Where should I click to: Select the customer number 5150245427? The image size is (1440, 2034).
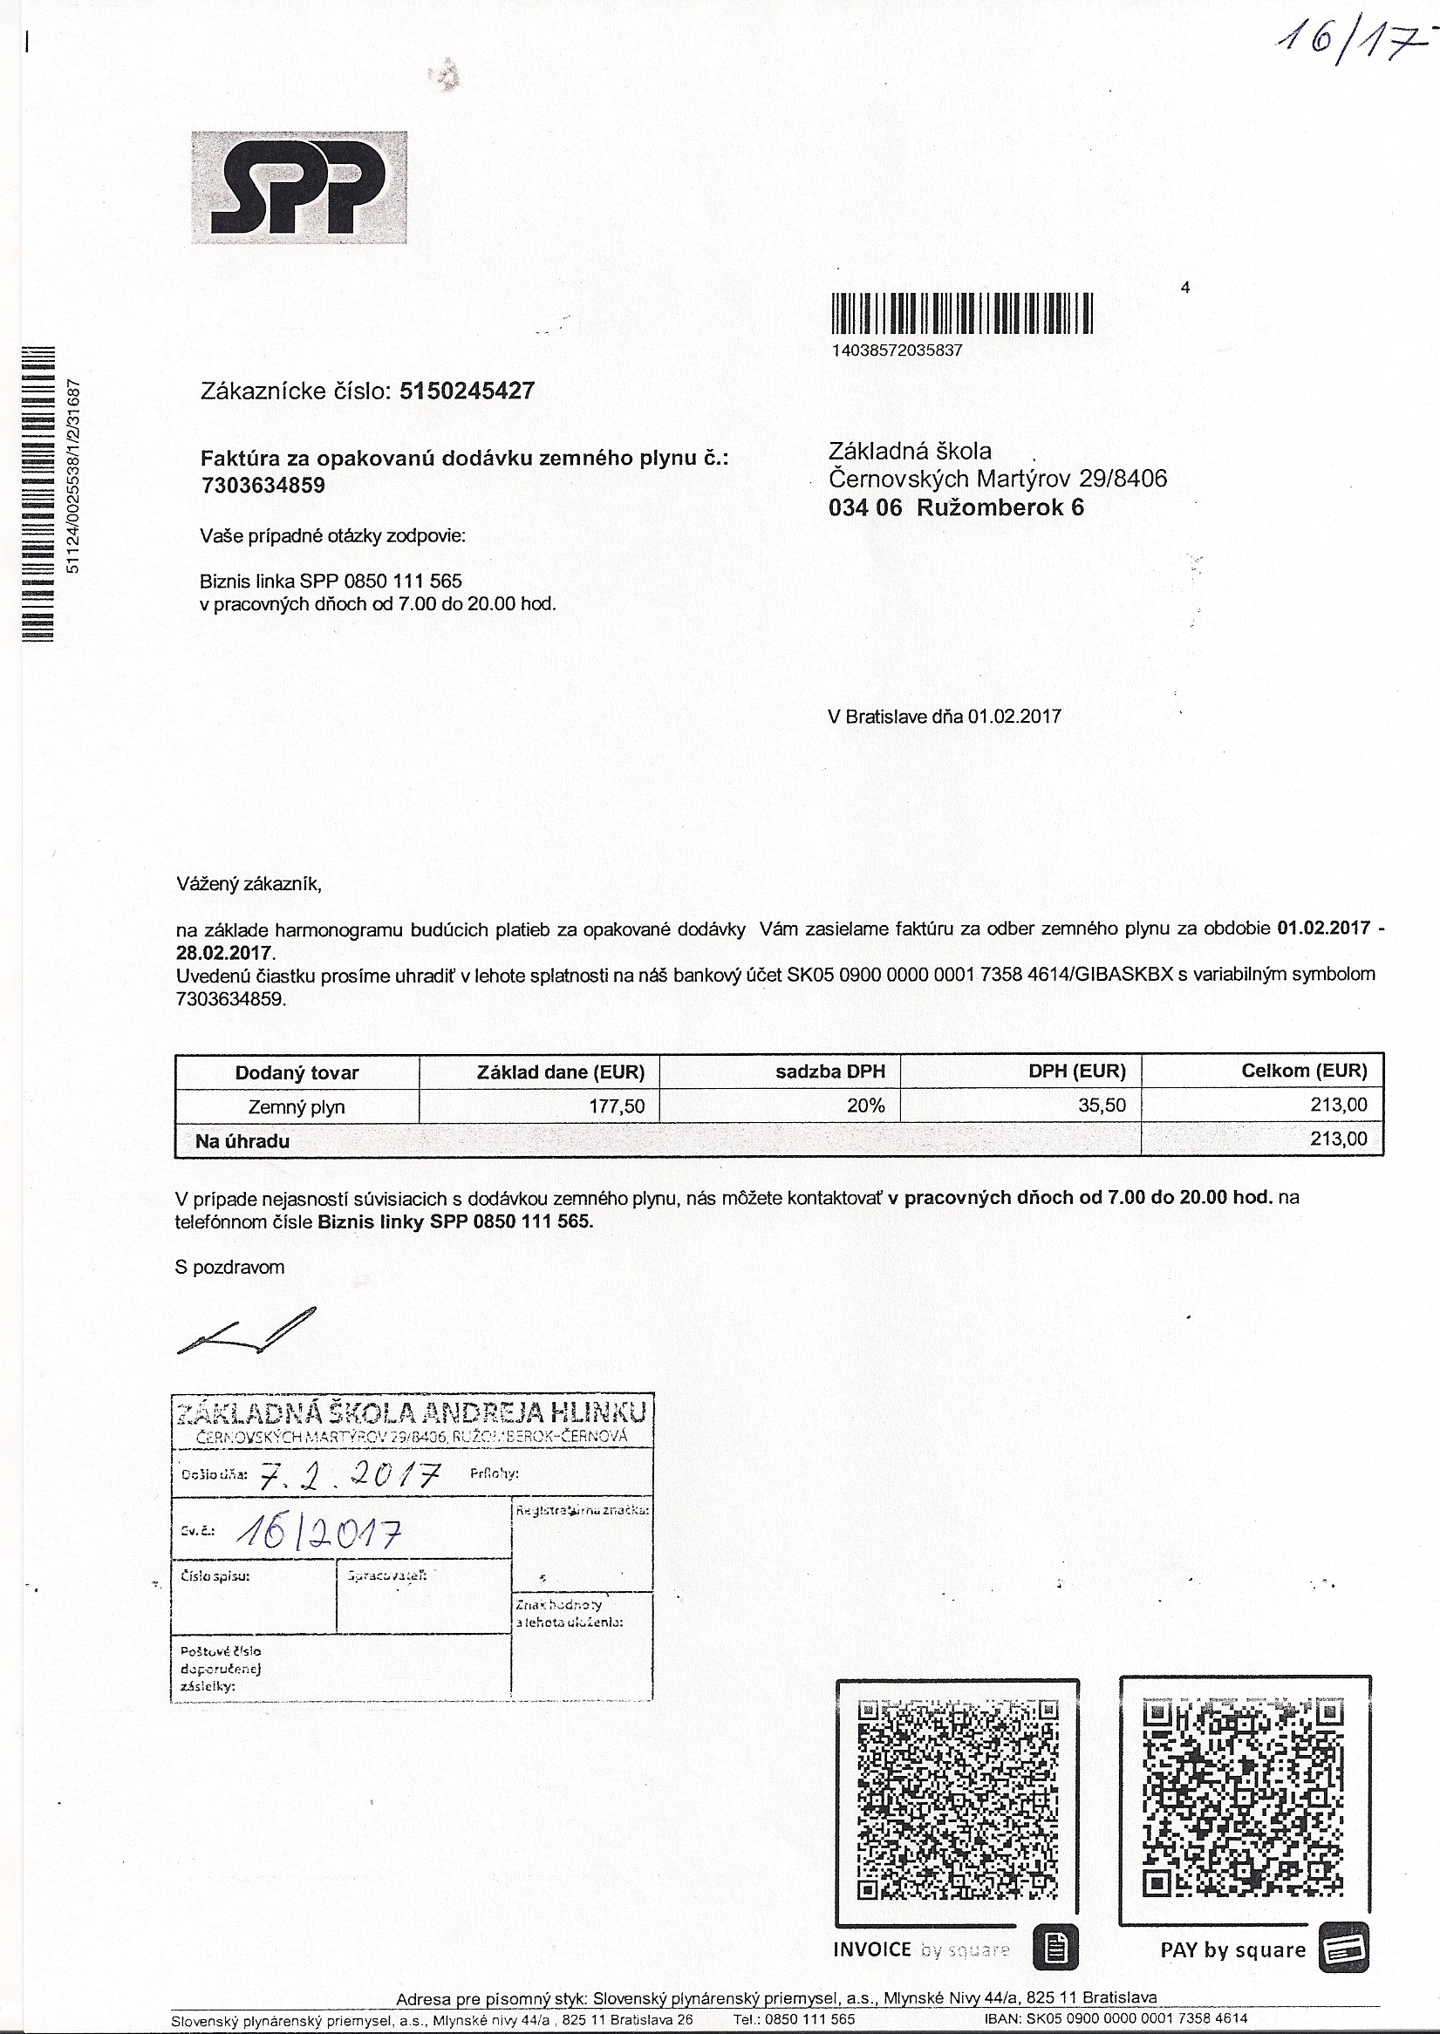click(467, 391)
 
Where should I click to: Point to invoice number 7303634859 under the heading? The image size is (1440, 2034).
click(263, 486)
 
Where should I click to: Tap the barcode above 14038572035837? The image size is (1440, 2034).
click(962, 314)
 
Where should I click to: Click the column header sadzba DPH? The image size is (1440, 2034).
click(830, 1071)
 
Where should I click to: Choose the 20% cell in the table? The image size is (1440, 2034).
click(864, 1106)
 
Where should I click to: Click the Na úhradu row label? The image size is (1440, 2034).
click(242, 1141)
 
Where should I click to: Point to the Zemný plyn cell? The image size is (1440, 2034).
click(297, 1107)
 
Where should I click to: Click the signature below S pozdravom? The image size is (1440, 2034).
click(247, 1330)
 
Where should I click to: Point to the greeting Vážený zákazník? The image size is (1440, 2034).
click(249, 884)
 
